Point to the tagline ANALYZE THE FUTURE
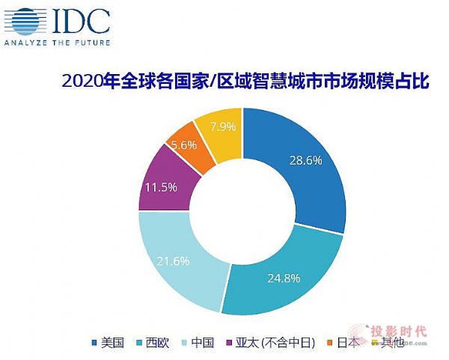[x=58, y=43]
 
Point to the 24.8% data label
[x=283, y=278]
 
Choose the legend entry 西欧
[x=157, y=344]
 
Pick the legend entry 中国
[x=204, y=344]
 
